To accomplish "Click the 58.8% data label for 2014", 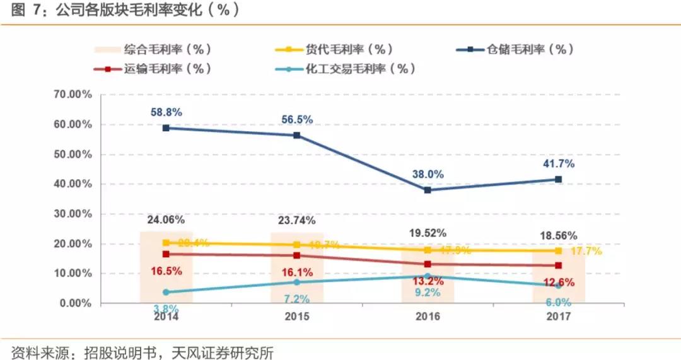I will [x=166, y=112].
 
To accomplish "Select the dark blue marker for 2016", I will [x=428, y=190].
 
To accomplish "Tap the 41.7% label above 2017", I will [x=558, y=165].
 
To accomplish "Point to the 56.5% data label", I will [x=297, y=120].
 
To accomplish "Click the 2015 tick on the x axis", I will [x=297, y=316].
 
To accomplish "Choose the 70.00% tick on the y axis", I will [x=71, y=95].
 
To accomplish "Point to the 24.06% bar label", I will [x=166, y=220].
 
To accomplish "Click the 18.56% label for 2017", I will [x=558, y=235].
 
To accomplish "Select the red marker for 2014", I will [x=166, y=254].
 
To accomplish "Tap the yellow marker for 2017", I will [x=558, y=250].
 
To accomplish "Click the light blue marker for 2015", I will [x=297, y=282].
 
